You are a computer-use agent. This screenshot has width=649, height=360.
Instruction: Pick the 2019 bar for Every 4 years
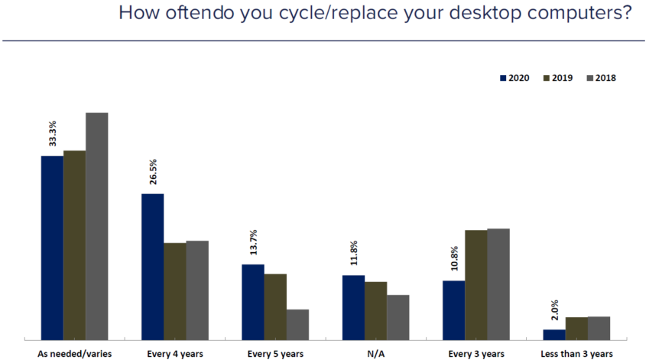[175, 290]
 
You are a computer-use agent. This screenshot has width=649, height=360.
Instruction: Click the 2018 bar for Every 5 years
[297, 324]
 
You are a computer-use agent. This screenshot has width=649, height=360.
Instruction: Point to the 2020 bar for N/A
[353, 306]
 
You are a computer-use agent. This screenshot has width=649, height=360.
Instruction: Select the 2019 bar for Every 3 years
[476, 284]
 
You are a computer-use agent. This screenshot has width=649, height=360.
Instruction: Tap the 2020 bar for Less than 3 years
[554, 334]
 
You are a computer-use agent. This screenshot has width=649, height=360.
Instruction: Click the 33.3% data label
[52, 131]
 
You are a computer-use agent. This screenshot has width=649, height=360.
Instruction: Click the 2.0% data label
[554, 310]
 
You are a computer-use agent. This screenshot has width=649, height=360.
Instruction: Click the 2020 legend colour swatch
[503, 78]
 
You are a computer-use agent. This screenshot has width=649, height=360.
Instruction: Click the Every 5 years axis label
[275, 354]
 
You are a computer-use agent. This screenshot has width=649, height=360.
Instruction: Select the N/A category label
[375, 354]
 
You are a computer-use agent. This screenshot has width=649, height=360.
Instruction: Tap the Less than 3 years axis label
[576, 354]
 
